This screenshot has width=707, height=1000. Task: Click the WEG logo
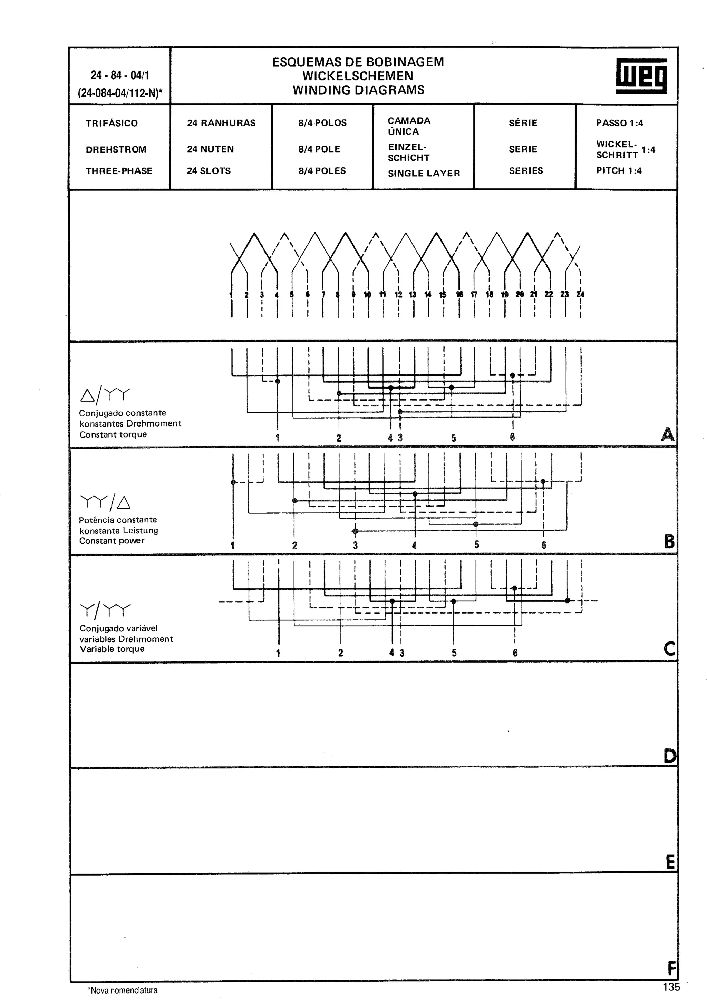[641, 76]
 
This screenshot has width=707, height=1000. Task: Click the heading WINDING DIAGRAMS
[358, 90]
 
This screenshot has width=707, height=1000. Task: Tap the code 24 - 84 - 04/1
[120, 75]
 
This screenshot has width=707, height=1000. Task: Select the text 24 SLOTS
[209, 171]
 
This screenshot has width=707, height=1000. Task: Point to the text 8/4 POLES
[322, 171]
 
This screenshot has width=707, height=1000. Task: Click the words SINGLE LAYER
[424, 173]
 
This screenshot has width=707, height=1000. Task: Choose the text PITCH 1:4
[619, 171]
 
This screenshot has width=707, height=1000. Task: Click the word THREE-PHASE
[119, 171]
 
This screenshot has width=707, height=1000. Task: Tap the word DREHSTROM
[116, 149]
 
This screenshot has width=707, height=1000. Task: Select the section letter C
[669, 649]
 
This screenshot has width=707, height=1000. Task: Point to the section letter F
[672, 969]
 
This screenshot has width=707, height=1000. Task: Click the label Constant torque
[113, 434]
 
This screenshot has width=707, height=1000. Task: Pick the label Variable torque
[112, 649]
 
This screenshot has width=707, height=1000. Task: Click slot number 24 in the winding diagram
[580, 294]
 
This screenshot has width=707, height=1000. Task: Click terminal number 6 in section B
[544, 545]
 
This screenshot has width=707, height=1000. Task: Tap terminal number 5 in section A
[454, 438]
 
